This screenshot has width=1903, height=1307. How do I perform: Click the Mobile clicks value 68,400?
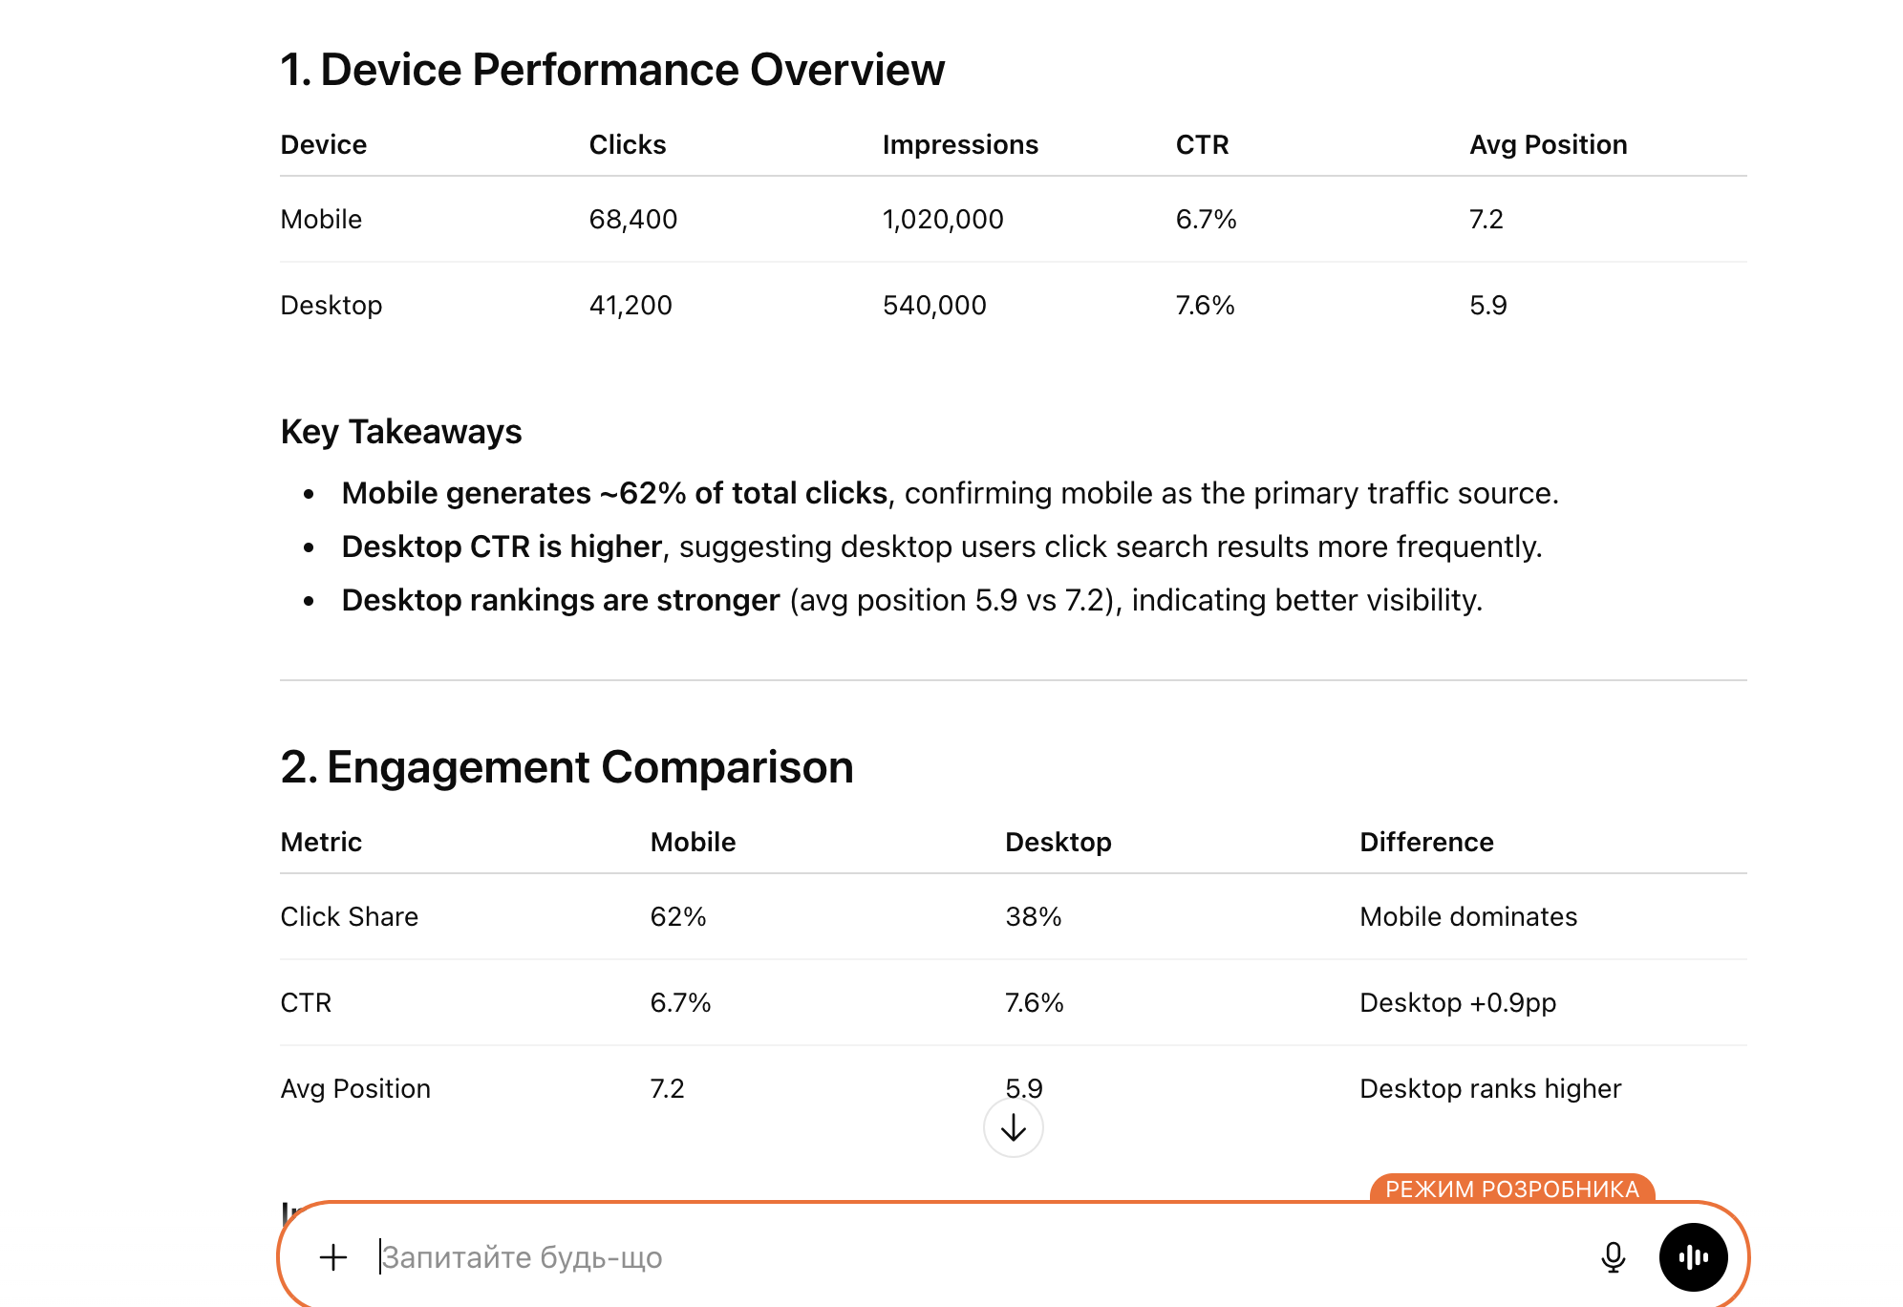click(x=632, y=220)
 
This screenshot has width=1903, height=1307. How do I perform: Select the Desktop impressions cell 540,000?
click(x=933, y=306)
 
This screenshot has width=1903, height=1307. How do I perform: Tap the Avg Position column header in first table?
click(x=1548, y=145)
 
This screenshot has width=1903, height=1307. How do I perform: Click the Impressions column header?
click(x=959, y=145)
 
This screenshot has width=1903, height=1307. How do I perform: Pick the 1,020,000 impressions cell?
click(x=942, y=220)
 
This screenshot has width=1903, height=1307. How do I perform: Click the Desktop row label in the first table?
click(x=331, y=306)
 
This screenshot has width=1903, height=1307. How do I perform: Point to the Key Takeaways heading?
click(x=400, y=432)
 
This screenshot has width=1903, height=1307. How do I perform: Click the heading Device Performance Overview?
click(x=611, y=70)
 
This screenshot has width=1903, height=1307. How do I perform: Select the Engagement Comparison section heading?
click(x=567, y=767)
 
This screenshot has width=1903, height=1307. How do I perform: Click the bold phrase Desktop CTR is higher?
click(x=502, y=546)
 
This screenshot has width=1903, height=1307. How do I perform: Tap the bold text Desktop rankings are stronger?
click(x=560, y=600)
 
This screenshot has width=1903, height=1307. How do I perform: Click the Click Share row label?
click(x=349, y=917)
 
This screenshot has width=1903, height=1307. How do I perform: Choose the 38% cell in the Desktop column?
click(x=1033, y=917)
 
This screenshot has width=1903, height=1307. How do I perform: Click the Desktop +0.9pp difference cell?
click(x=1457, y=1003)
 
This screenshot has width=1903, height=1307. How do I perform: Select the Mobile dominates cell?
click(x=1467, y=917)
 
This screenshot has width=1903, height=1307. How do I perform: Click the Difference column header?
click(x=1425, y=843)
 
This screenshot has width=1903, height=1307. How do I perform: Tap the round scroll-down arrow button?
click(x=1013, y=1128)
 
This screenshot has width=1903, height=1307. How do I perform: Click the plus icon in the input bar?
click(x=332, y=1257)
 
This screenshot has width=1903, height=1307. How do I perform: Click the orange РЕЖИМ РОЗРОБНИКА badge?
click(x=1511, y=1189)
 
